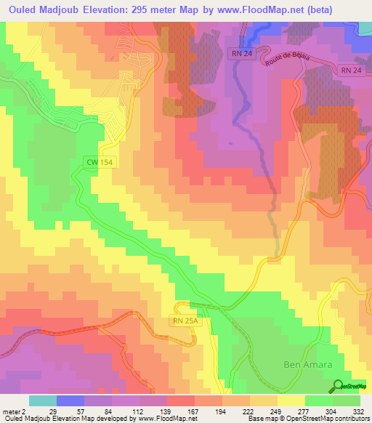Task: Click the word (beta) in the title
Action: [348, 10]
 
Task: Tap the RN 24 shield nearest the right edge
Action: [349, 70]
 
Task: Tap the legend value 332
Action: [359, 411]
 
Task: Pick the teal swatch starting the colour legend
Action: [43, 400]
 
